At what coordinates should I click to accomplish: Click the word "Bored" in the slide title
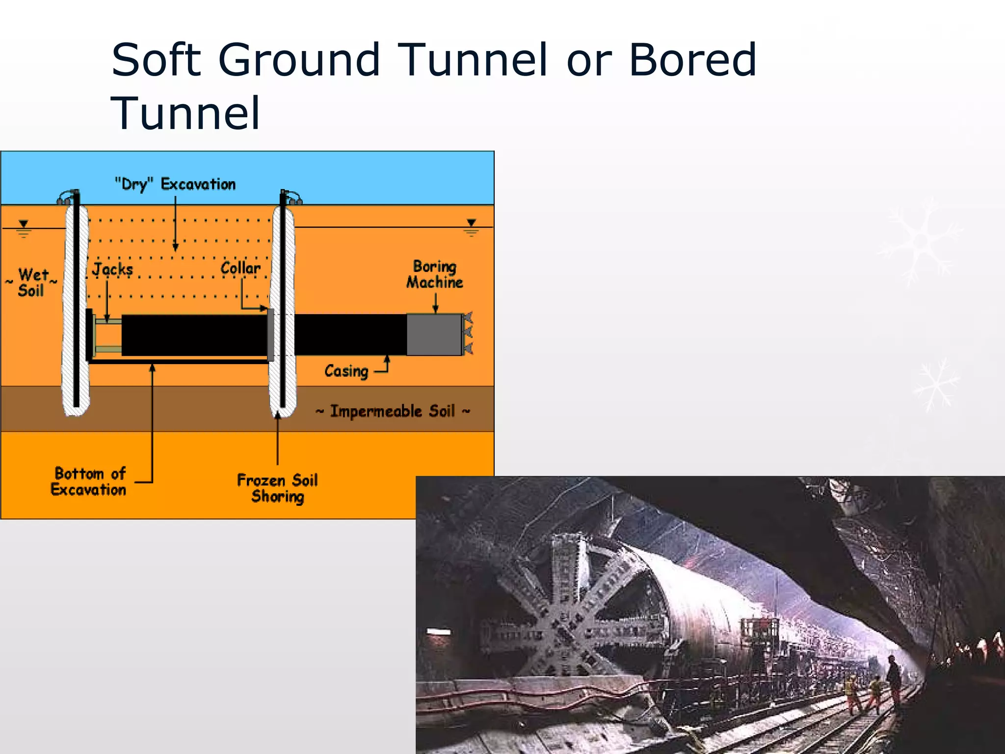(692, 60)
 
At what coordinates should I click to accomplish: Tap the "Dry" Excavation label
(175, 185)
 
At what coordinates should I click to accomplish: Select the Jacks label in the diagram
(112, 269)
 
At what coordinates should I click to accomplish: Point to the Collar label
(240, 268)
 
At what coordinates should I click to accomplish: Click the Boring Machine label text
(434, 274)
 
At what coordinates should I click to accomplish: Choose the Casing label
(346, 371)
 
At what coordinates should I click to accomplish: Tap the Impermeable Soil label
(393, 411)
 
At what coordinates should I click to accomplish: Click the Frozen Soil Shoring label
(277, 488)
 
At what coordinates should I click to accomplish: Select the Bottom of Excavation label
(89, 482)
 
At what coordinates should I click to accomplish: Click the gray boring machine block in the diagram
(434, 334)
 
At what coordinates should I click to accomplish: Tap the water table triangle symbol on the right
(471, 223)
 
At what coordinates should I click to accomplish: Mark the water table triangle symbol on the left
(23, 224)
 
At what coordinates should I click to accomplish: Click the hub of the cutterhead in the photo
(564, 633)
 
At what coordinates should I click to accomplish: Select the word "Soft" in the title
(156, 60)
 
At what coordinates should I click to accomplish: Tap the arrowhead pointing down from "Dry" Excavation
(175, 247)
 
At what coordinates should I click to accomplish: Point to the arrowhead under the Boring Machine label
(435, 309)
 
